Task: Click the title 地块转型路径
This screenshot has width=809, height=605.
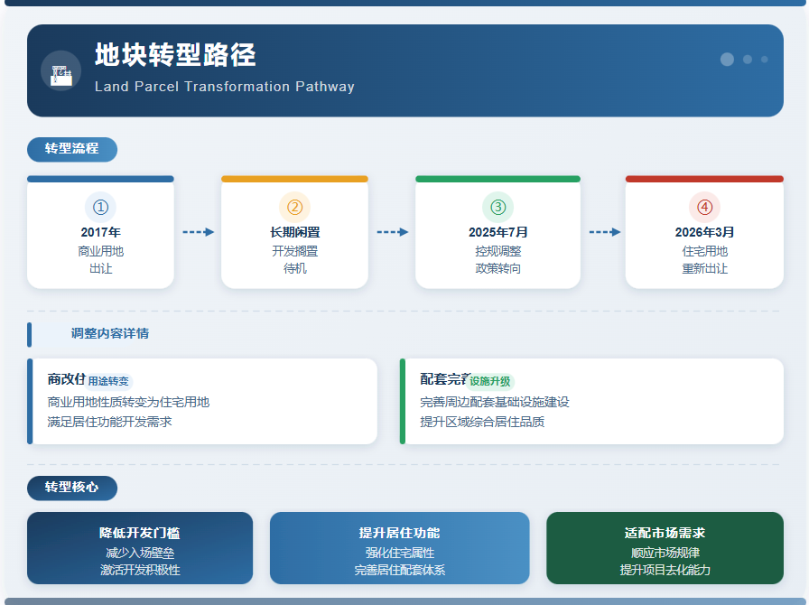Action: [x=175, y=56]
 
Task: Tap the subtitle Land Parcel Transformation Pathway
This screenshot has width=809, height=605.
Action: [x=224, y=88]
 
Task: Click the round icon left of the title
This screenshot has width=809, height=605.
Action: [x=60, y=71]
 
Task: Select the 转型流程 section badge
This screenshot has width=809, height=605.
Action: [x=72, y=149]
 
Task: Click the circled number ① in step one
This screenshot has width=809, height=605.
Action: [x=100, y=207]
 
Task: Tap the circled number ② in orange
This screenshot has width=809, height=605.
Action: [x=294, y=207]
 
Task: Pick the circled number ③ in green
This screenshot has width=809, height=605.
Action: [x=497, y=207]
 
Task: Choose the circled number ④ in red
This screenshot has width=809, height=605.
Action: [x=704, y=207]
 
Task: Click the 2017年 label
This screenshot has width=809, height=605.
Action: [x=100, y=232]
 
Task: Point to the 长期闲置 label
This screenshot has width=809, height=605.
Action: [x=294, y=232]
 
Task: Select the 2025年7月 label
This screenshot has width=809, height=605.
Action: [x=497, y=232]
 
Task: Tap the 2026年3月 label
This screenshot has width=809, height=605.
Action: [x=704, y=232]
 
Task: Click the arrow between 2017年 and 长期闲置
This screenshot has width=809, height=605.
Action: [x=198, y=232]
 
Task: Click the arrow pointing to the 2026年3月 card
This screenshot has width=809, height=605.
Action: [x=605, y=232]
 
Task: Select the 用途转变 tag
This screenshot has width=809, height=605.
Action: [x=109, y=381]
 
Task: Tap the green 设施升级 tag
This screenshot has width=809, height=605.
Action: [x=490, y=381]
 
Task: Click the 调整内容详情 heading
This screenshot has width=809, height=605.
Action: [x=110, y=334]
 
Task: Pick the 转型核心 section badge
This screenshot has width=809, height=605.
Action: [x=72, y=488]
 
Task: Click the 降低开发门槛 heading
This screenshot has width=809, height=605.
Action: [x=140, y=534]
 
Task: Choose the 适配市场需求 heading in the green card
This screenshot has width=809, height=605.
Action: [x=665, y=534]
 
